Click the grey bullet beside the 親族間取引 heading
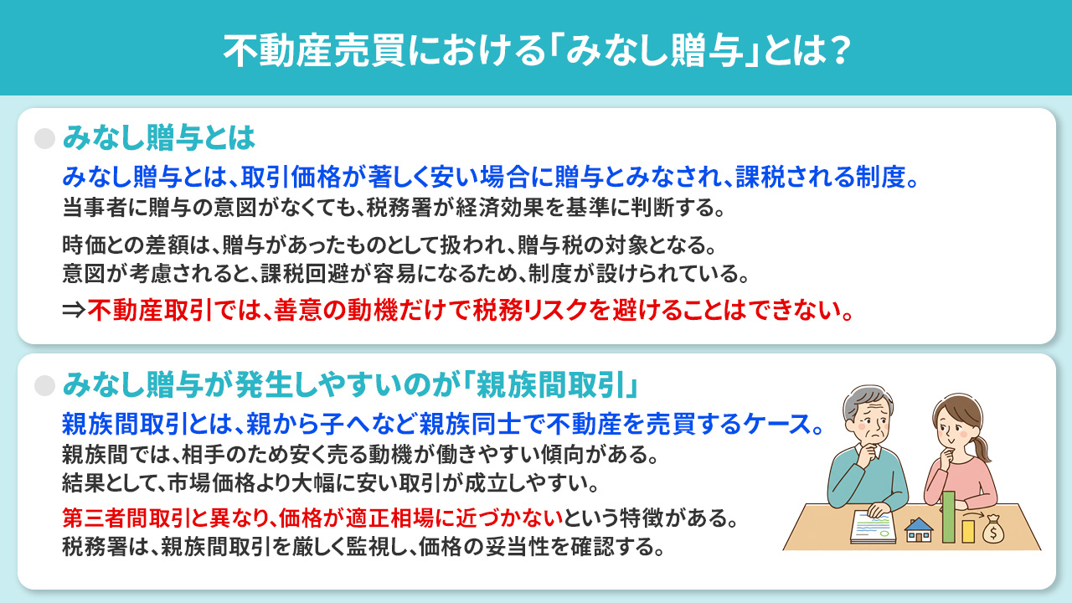(44, 384)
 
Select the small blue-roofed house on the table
(920, 529)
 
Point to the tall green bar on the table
(949, 517)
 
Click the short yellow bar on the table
(968, 530)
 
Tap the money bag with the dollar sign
(996, 529)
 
